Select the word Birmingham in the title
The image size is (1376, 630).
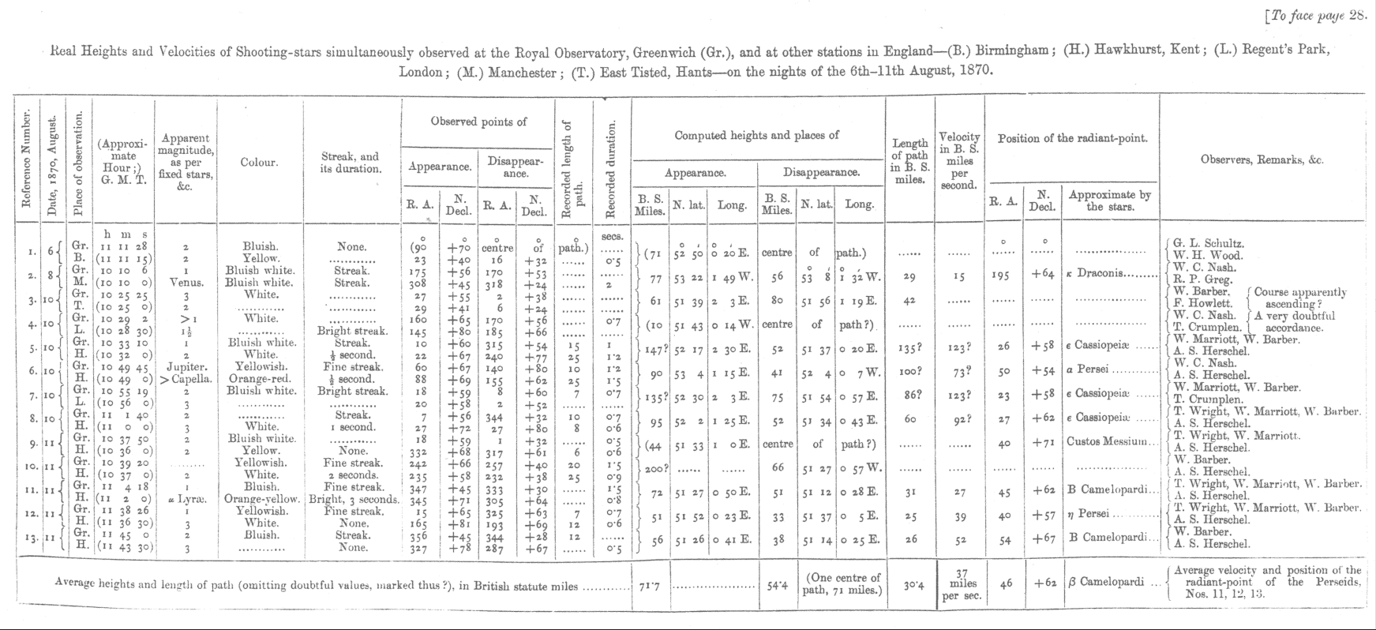click(1012, 51)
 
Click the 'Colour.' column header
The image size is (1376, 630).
click(260, 163)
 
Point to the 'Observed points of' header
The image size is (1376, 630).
click(478, 122)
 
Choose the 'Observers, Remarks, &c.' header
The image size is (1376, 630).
click(1262, 159)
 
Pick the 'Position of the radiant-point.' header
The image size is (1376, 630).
click(1072, 139)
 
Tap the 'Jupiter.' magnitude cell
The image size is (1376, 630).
click(186, 367)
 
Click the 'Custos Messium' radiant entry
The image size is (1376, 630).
click(1108, 444)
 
